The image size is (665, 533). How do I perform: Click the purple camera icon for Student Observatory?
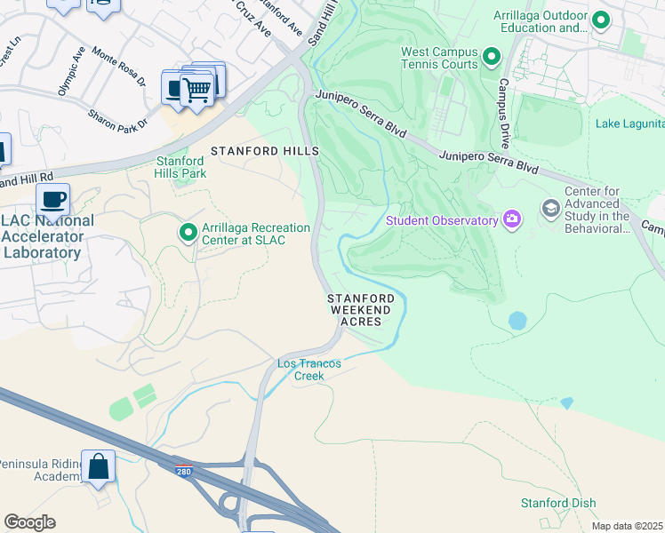pos(512,219)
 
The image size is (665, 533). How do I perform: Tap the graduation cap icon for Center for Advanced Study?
pos(550,210)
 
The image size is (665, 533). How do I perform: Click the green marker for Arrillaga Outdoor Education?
pos(601,19)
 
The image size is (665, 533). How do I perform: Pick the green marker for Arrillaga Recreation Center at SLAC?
pos(188,233)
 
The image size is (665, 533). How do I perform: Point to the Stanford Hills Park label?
pos(181,167)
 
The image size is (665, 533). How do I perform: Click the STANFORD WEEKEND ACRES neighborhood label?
pos(360,309)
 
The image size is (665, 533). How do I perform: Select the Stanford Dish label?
pos(557,504)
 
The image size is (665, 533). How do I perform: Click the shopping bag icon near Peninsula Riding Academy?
pos(99,465)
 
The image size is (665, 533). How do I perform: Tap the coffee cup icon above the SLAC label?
pos(53,199)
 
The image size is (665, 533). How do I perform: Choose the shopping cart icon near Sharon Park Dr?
pos(196,89)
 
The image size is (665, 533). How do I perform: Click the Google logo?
pos(29,522)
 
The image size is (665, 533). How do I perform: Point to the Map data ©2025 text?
pos(627,526)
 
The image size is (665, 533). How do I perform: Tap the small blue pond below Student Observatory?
pos(517,320)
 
